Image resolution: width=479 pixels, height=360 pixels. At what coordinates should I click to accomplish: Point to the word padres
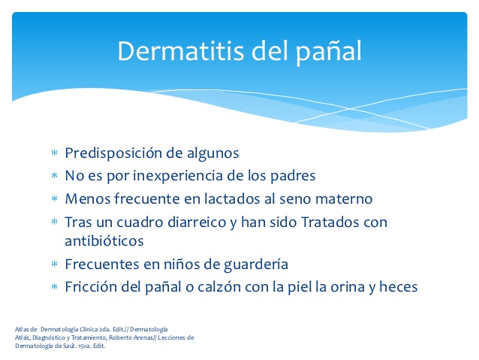[291, 176]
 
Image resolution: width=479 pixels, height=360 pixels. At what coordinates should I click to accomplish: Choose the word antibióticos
[104, 241]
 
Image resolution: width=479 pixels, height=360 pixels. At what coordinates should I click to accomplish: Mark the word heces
[398, 287]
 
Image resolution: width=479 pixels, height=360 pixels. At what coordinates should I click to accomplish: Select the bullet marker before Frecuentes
[54, 265]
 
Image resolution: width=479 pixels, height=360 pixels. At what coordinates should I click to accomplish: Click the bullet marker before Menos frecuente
[54, 200]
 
